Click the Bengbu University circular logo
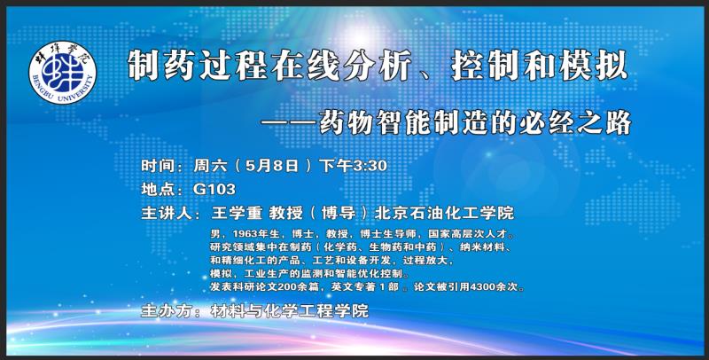click(62, 73)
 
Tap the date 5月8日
click(272, 166)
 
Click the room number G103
click(214, 189)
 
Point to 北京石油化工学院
click(444, 213)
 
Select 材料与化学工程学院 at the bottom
click(290, 311)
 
